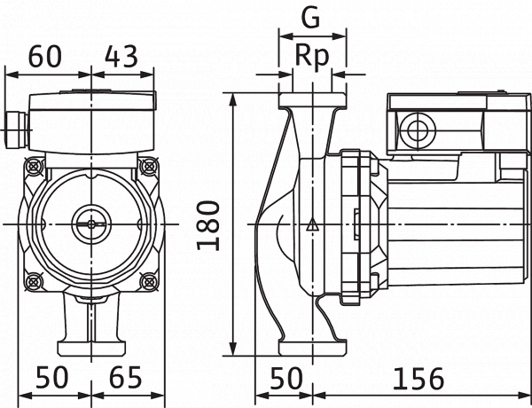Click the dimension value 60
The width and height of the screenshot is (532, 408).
pos(45,56)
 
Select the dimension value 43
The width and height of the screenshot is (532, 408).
pos(121,56)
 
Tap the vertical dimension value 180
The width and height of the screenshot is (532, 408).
pos(208,225)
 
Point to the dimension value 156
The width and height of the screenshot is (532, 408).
pos(419,378)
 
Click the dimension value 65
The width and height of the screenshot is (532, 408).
pos(126,378)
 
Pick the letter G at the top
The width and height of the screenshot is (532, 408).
pos(311,18)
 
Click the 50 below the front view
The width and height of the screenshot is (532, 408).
pos(52,378)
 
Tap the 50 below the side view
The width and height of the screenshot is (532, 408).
pos(286,378)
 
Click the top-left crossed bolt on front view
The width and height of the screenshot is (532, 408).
pos(34,167)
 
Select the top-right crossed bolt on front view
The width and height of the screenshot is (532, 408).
pos(149,167)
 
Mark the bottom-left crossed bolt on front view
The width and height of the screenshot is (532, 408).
pos(34,281)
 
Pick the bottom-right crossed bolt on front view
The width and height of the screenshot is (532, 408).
pos(149,281)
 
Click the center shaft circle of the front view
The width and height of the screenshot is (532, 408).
pos(91,224)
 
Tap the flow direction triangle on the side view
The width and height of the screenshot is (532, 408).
pos(312,224)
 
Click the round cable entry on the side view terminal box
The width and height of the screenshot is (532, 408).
pos(418,131)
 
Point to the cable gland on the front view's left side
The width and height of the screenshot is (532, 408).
pos(16,130)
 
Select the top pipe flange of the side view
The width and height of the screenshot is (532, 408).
pos(312,101)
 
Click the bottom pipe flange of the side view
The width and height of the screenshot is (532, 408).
pos(312,347)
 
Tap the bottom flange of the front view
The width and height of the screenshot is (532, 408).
pos(91,349)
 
